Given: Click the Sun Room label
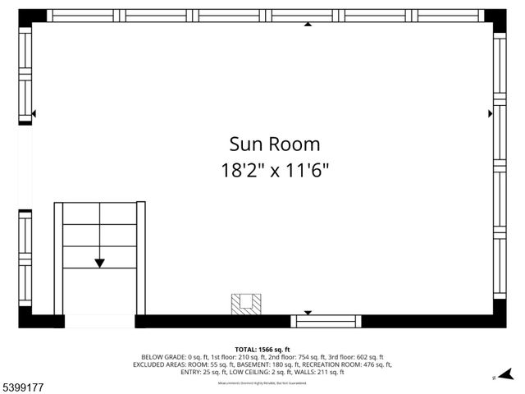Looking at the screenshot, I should click(274, 145).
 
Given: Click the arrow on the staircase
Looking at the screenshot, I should click(99, 262).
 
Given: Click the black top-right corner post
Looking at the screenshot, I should click(495, 16).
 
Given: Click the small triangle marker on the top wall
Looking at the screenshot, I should click(308, 24).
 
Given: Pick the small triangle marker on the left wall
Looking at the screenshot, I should click(34, 114).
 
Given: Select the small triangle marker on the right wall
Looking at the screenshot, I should click(491, 113).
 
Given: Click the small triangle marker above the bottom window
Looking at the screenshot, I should click(308, 312).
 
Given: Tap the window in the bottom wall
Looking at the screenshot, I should click(326, 321).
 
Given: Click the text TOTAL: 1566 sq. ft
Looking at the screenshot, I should click(262, 350).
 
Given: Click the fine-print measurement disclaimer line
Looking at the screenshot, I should click(262, 383).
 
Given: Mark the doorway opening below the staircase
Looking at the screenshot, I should click(99, 321).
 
